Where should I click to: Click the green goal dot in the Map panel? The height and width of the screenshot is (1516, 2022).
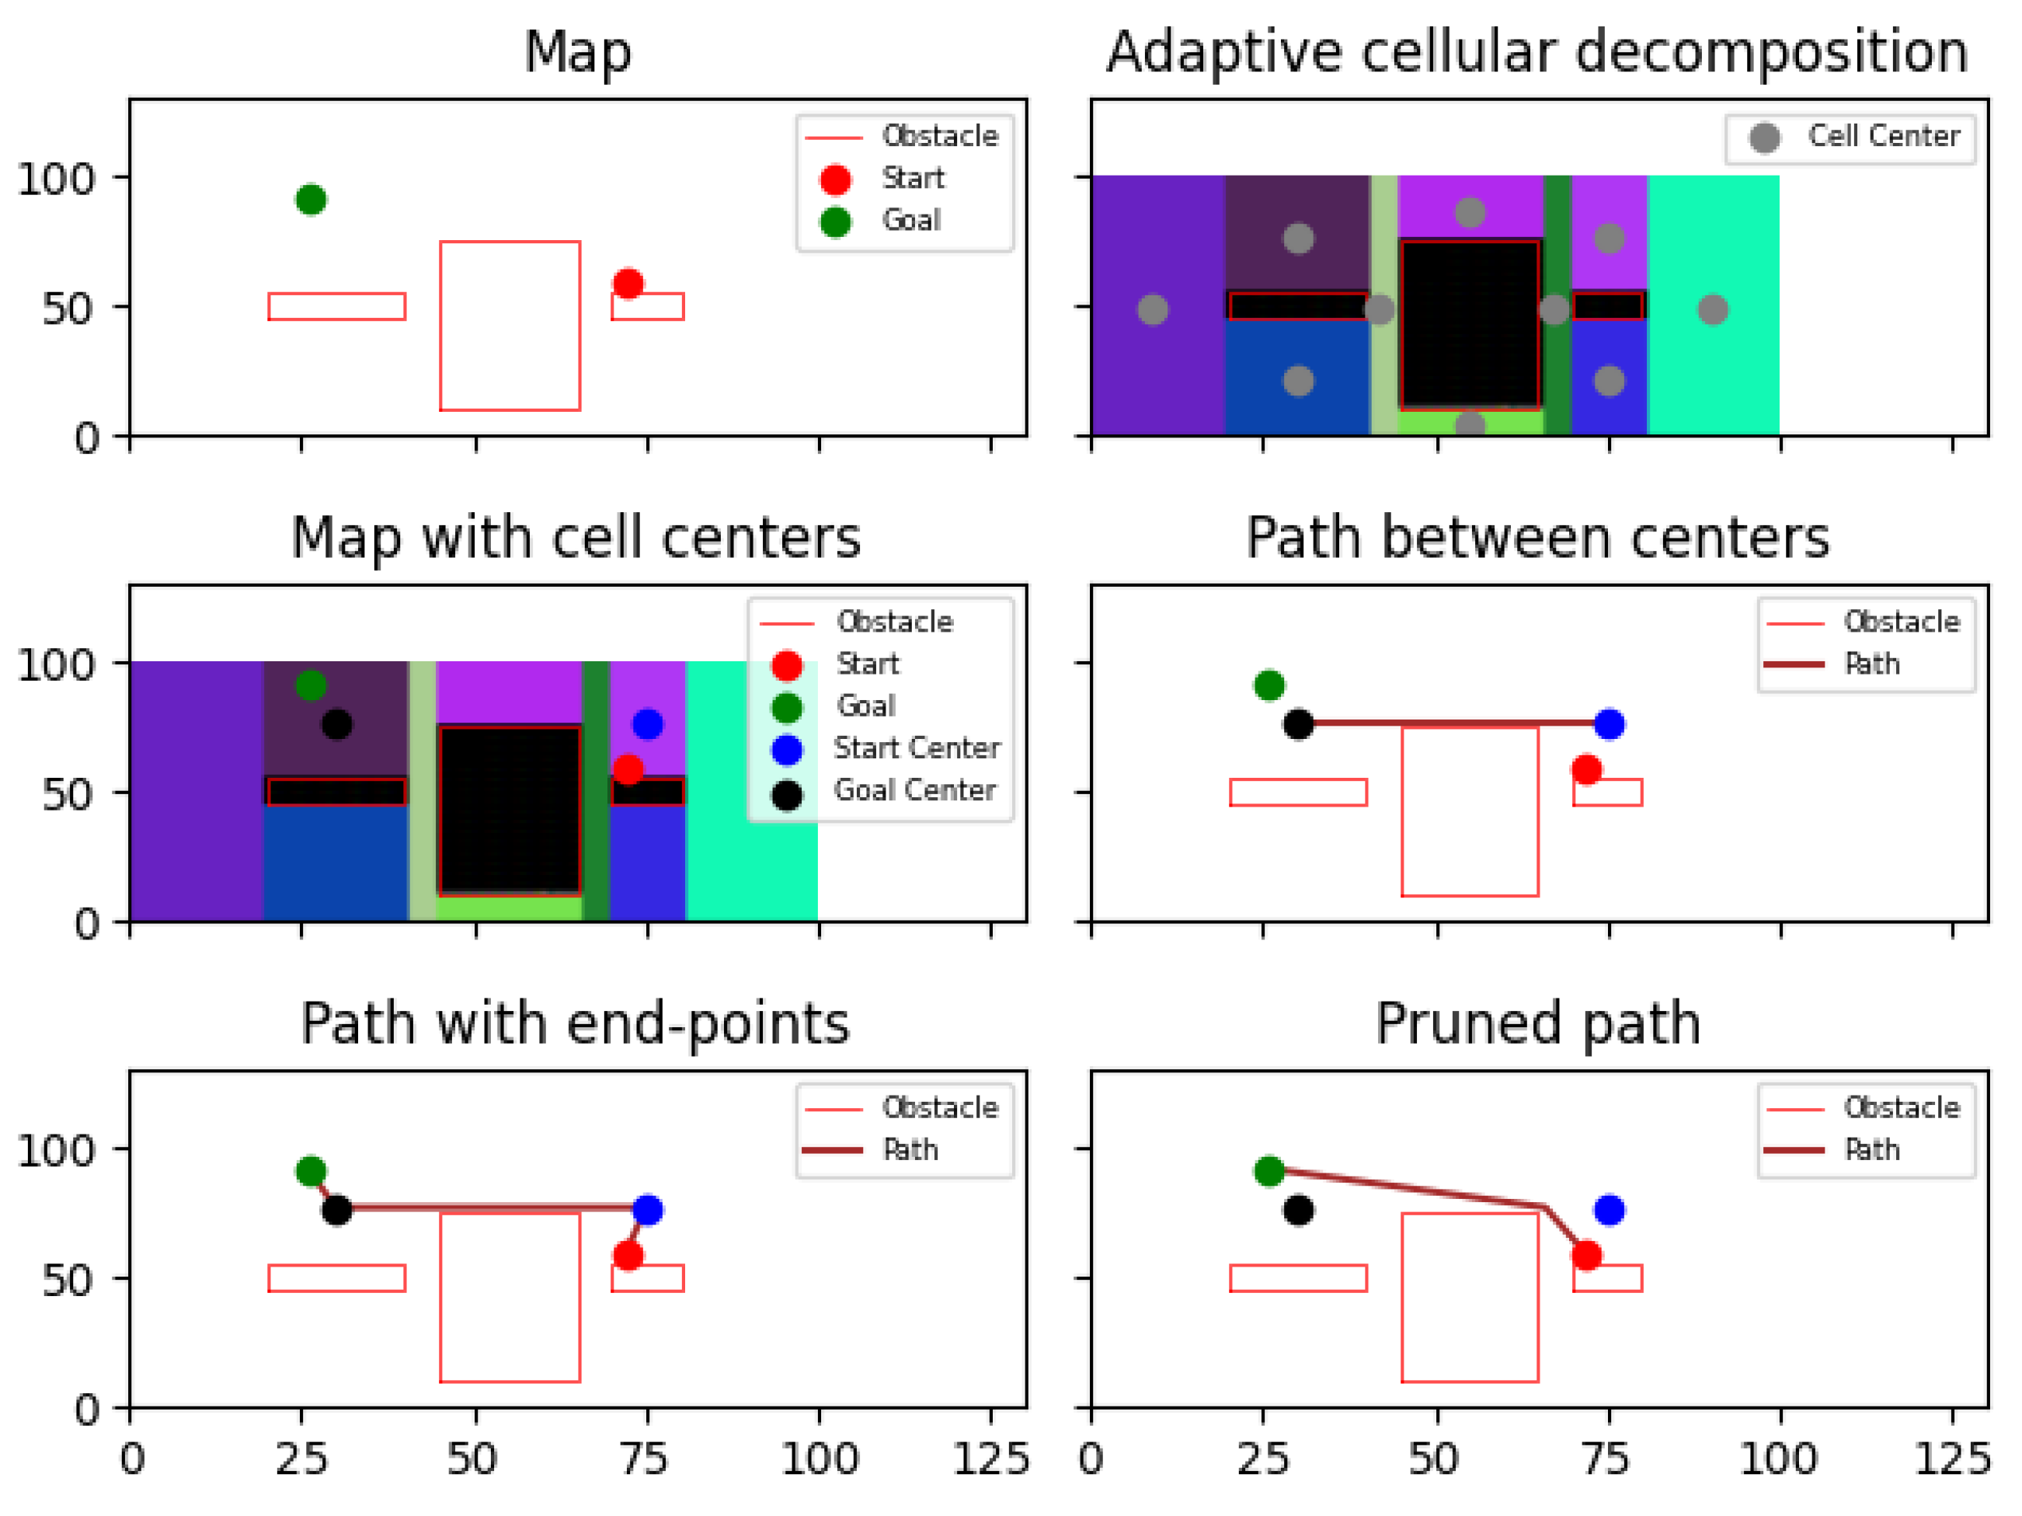pyautogui.click(x=311, y=200)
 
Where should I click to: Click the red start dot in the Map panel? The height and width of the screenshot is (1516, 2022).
pyautogui.click(x=628, y=284)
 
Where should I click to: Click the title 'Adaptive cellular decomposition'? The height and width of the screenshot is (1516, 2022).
pyautogui.click(x=1537, y=51)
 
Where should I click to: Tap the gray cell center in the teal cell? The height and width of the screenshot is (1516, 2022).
pyautogui.click(x=1713, y=310)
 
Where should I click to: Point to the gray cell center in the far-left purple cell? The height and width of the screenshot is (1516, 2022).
pyautogui.click(x=1153, y=310)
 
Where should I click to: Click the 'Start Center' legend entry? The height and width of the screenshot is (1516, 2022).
pyautogui.click(x=917, y=748)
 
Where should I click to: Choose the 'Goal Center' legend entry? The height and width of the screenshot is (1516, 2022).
pyautogui.click(x=914, y=790)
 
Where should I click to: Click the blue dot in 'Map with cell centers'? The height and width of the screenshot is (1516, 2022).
pyautogui.click(x=647, y=724)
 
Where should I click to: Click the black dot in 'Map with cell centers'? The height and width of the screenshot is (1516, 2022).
pyautogui.click(x=336, y=724)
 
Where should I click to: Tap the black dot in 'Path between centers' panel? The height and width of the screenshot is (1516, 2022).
pyautogui.click(x=1298, y=724)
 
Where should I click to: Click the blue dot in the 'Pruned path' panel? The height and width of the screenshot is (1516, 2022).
pyautogui.click(x=1610, y=1211)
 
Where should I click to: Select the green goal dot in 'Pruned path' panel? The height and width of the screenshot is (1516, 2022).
pyautogui.click(x=1269, y=1171)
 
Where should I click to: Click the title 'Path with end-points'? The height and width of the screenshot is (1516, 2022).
pyautogui.click(x=576, y=1023)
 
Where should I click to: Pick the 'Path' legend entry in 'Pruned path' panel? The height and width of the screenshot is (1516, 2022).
pyautogui.click(x=1871, y=1149)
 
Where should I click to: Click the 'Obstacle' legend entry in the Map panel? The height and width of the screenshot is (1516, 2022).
pyautogui.click(x=940, y=136)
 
